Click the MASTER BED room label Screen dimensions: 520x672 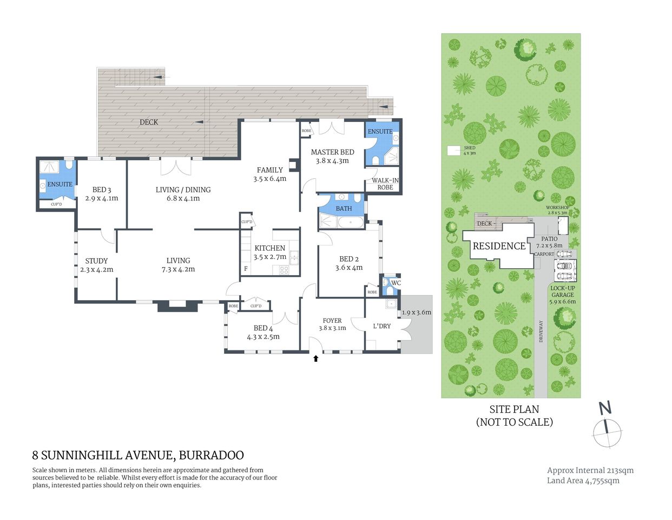point(332,152)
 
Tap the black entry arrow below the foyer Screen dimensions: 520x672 point(316,357)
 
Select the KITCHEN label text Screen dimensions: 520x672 point(269,248)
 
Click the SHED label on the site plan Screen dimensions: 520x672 point(469,148)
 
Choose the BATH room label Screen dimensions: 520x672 point(344,209)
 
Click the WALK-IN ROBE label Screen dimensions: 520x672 point(385,184)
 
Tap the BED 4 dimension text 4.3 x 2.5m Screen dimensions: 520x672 point(263,337)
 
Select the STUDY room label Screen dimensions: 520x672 point(96,261)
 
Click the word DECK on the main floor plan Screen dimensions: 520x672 point(149,122)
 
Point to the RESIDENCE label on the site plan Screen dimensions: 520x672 point(499,246)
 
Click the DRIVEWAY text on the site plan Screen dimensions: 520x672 point(541,331)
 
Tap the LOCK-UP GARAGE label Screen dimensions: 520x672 point(563,291)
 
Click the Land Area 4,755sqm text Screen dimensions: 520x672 point(583,480)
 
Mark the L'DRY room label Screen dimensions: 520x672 point(382,326)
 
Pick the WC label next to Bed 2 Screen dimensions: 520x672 point(396,283)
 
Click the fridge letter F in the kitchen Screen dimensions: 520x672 point(246,269)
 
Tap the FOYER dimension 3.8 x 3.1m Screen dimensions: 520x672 point(332,328)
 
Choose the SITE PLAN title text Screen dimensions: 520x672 point(514,409)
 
